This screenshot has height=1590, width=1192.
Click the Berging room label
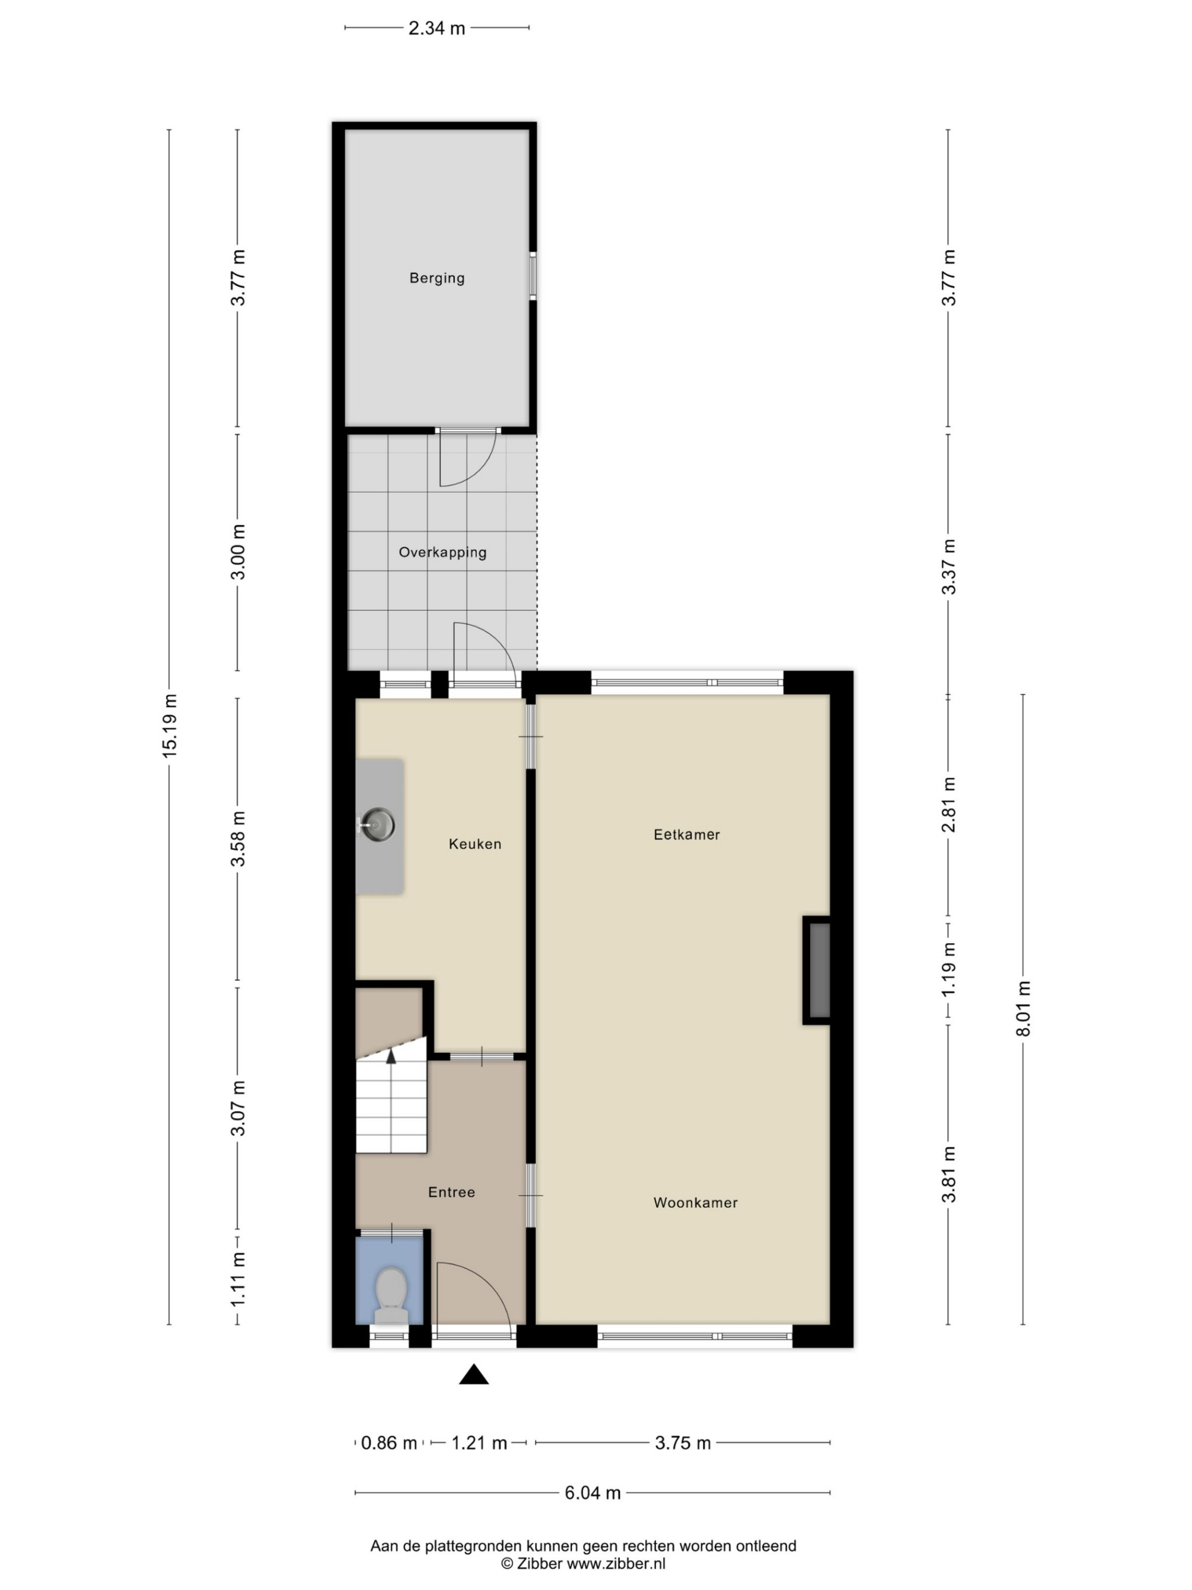tap(437, 277)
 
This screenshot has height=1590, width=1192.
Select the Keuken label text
tap(475, 844)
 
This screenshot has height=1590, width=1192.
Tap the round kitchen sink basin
tap(378, 825)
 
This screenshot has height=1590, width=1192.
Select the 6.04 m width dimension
tap(592, 1493)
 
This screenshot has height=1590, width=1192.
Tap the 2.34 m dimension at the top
tap(437, 28)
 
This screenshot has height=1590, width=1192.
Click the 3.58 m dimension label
tap(238, 839)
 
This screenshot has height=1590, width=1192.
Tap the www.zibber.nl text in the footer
tap(616, 1563)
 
